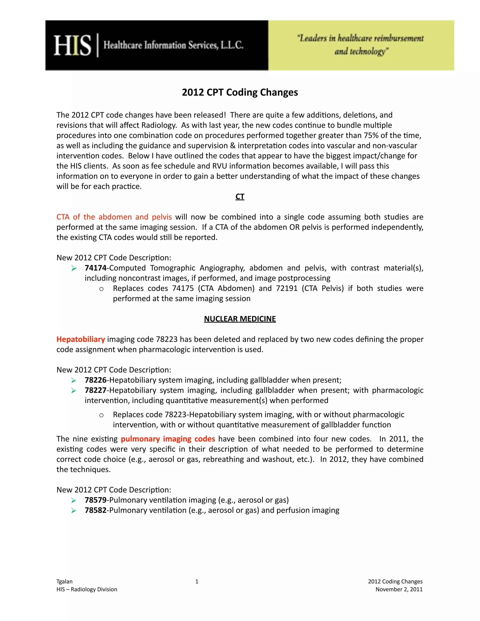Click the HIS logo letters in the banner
point(72,45)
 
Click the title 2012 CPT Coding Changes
point(240,92)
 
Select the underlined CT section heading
point(240,197)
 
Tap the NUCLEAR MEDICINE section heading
point(240,319)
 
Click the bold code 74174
point(96,268)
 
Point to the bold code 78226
point(96,380)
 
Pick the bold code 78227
point(96,390)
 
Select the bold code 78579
point(96,500)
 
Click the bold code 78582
point(96,510)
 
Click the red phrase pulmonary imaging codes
point(168,439)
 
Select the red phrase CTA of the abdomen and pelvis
point(114,217)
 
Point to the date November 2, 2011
point(399,589)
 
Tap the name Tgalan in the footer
point(64,581)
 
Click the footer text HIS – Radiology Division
point(87,589)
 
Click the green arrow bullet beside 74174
point(74,268)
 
